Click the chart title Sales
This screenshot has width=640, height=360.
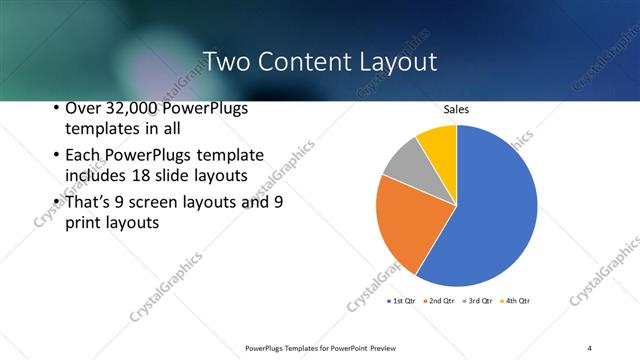456,109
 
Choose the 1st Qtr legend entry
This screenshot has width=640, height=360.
403,300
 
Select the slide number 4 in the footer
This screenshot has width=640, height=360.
589,347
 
